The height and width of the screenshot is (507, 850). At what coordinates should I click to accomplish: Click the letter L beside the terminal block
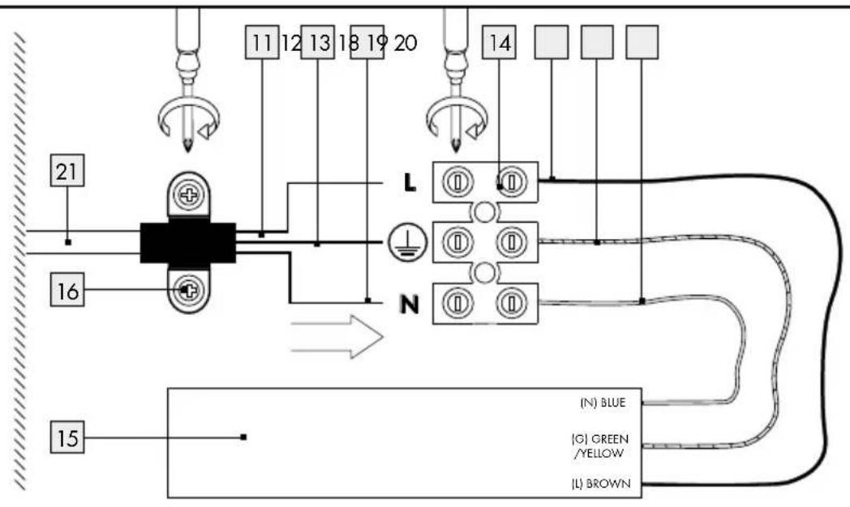[x=410, y=184]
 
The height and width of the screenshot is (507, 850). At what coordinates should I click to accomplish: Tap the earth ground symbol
[x=402, y=242]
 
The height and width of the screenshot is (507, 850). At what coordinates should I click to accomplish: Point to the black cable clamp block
[x=187, y=242]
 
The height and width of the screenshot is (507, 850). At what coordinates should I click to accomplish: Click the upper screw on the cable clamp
[x=189, y=195]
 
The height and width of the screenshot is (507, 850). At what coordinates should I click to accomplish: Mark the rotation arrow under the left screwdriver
[x=187, y=118]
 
